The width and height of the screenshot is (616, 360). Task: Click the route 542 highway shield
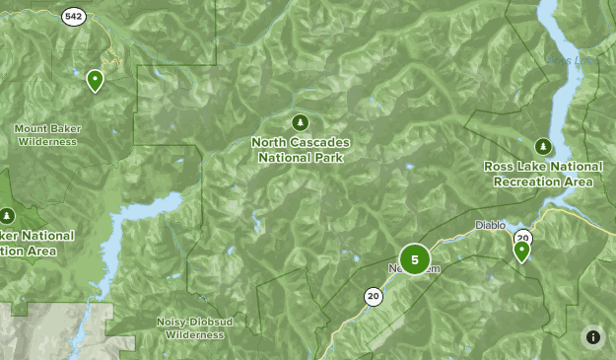click(73, 17)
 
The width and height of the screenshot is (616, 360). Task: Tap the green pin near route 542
click(96, 80)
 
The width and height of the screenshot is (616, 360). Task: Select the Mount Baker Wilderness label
click(46, 135)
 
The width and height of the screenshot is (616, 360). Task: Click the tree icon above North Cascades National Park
click(301, 122)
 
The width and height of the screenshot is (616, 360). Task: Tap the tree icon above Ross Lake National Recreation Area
click(541, 146)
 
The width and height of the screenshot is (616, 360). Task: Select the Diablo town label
click(490, 225)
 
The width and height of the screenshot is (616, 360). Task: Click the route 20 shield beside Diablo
click(522, 238)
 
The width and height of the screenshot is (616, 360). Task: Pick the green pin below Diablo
click(521, 252)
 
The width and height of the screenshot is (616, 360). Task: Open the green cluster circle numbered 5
click(415, 260)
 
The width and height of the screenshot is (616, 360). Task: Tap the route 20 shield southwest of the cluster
click(373, 295)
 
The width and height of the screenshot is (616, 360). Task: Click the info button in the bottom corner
click(593, 337)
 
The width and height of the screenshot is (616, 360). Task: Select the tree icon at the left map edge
click(7, 215)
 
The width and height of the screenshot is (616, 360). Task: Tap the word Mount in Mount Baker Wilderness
click(32, 128)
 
